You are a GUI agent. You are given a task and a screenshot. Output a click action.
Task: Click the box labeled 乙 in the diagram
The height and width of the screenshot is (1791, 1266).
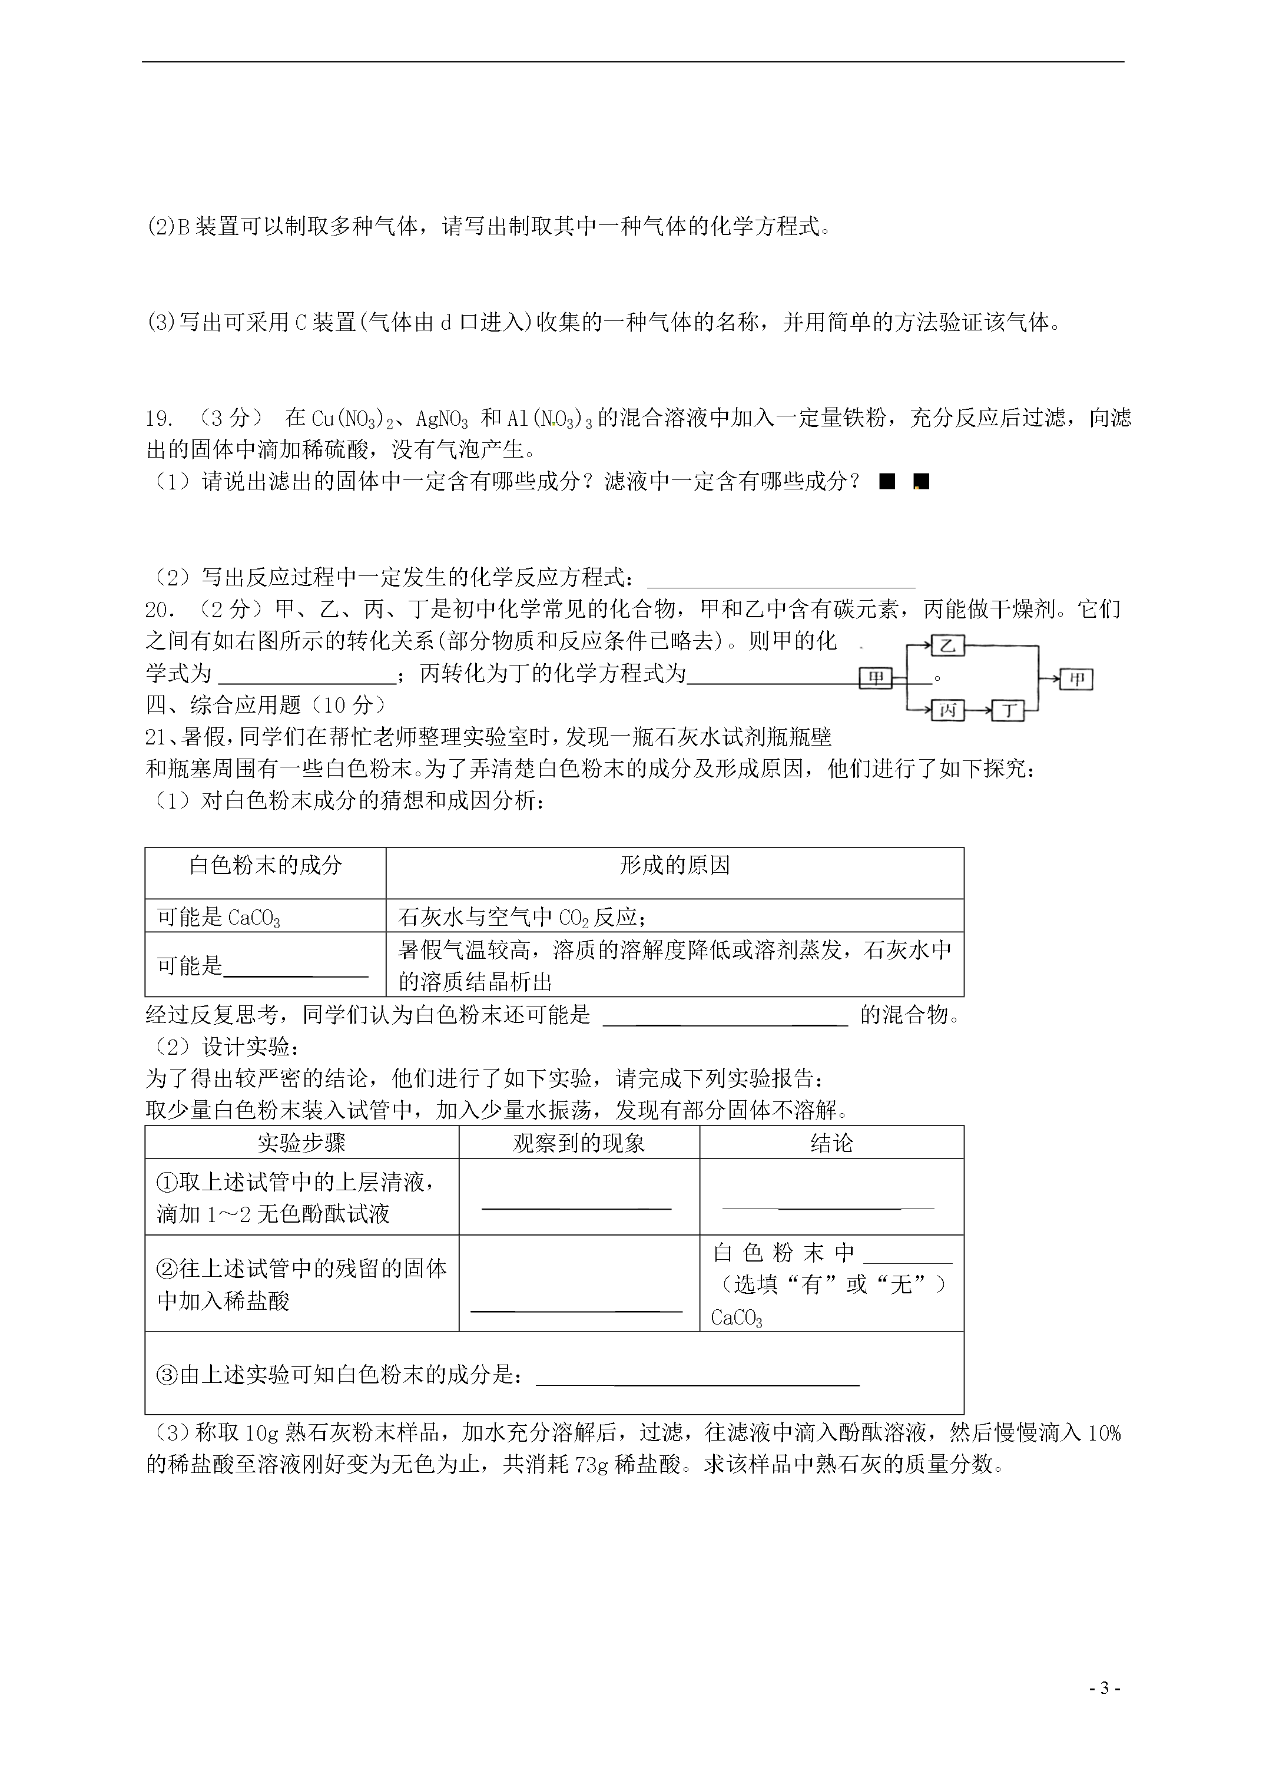click(x=948, y=646)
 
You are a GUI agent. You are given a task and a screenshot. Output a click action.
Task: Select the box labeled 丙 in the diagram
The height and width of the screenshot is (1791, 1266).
click(x=948, y=711)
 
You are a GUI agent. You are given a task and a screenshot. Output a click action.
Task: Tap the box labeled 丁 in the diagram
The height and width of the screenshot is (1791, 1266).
click(x=1009, y=711)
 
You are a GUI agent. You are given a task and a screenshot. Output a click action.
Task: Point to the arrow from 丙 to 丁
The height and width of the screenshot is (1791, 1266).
click(x=978, y=711)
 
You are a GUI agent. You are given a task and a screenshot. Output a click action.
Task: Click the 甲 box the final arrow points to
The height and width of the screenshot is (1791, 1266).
click(x=1076, y=680)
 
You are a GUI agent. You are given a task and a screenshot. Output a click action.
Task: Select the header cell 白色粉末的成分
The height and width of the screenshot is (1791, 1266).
click(x=265, y=866)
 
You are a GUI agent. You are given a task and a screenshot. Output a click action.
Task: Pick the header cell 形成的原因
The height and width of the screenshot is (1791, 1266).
click(x=675, y=866)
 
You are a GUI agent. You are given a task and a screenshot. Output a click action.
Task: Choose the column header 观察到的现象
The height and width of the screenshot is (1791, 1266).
click(x=579, y=1144)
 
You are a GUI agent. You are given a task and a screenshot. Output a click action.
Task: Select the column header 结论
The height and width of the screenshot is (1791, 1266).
click(x=831, y=1144)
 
